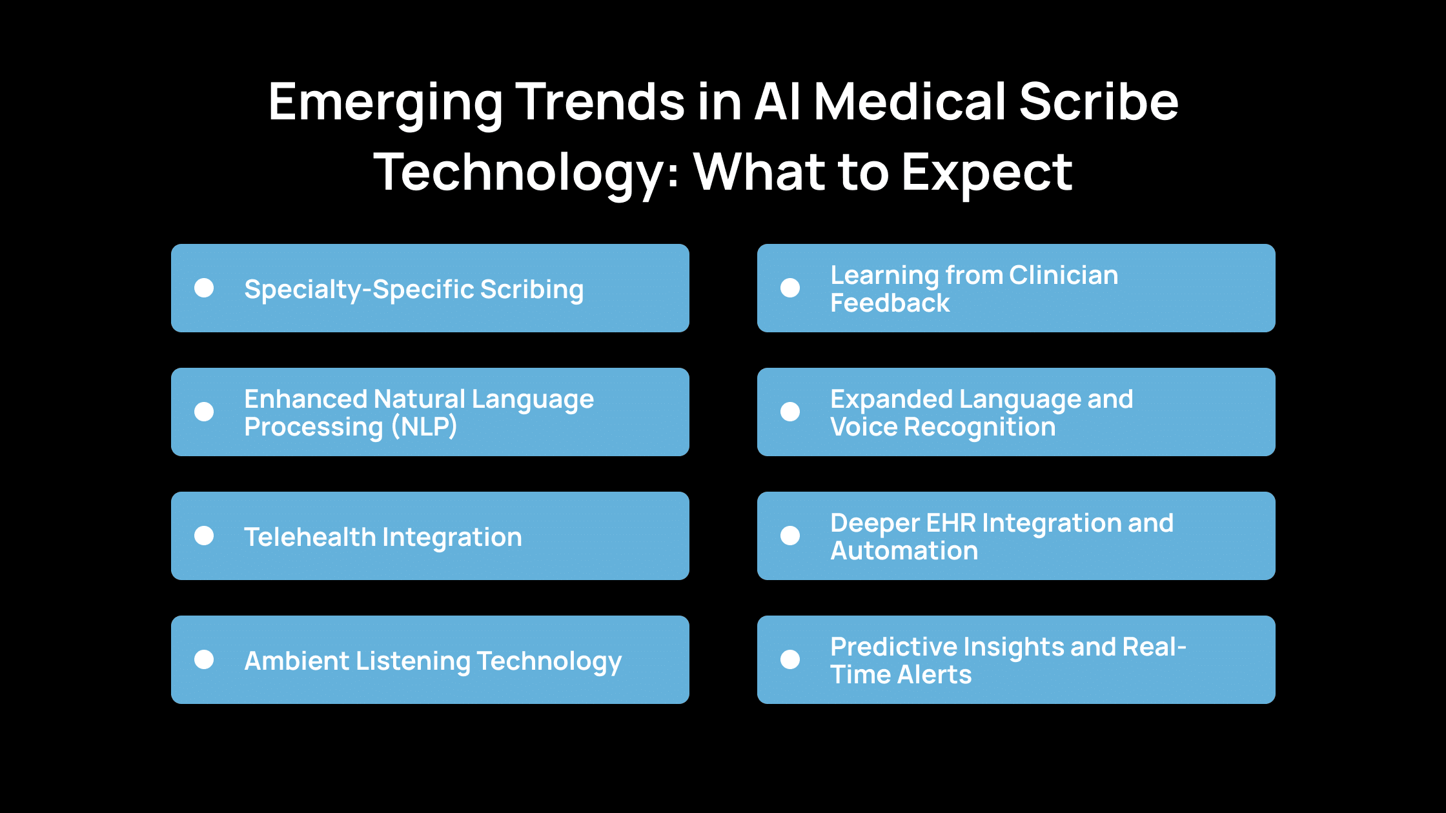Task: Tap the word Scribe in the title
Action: [1098, 102]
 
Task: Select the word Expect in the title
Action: [987, 173]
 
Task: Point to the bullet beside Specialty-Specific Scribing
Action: [204, 288]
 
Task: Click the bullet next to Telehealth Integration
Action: [204, 536]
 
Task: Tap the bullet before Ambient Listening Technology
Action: [204, 659]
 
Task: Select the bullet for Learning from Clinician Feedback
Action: [790, 288]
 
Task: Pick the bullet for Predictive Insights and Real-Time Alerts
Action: [790, 659]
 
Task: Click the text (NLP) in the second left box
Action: [424, 427]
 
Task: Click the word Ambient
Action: [296, 661]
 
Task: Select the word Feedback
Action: [890, 303]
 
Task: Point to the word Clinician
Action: [1063, 276]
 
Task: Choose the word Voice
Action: [862, 427]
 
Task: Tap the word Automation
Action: [904, 551]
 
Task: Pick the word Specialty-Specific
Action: [358, 290]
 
